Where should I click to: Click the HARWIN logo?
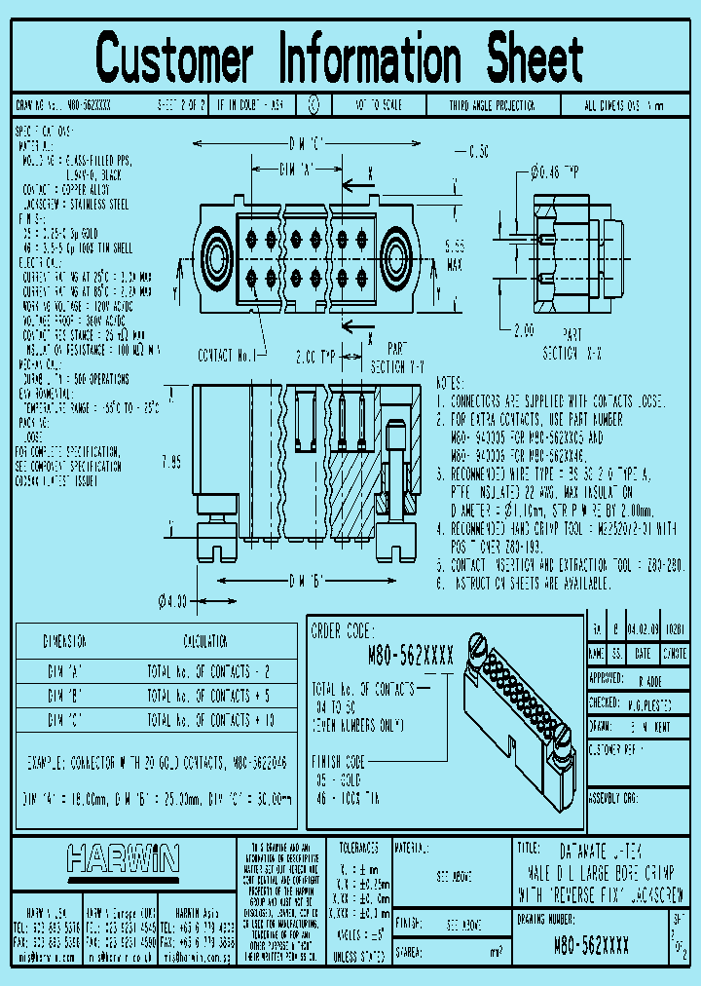[123, 859]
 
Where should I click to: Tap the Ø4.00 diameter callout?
[172, 600]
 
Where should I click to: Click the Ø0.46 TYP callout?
[555, 172]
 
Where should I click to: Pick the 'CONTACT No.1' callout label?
[226, 356]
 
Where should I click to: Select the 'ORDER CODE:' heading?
[342, 630]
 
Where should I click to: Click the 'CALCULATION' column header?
[206, 642]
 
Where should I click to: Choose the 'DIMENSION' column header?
[65, 642]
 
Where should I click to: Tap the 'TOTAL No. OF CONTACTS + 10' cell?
[206, 720]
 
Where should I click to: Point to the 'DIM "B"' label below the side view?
[307, 583]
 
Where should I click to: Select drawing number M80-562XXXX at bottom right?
[591, 946]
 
